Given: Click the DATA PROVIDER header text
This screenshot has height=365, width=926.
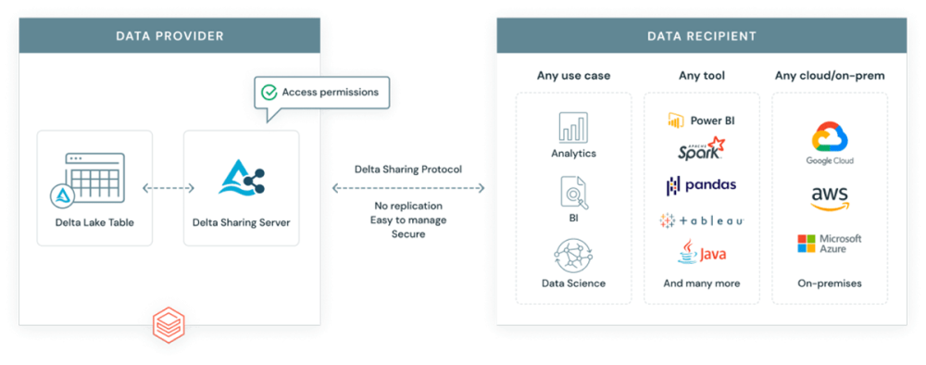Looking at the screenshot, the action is (169, 36).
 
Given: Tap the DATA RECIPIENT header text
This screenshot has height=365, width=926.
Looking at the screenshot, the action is (701, 36).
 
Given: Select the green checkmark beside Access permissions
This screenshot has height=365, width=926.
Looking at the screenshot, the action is (269, 93).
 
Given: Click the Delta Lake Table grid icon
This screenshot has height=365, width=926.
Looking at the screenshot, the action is (94, 176).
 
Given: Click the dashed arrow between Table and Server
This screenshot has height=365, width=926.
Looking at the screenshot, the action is (168, 188).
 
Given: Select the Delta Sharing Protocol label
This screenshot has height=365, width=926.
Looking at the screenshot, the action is (408, 170).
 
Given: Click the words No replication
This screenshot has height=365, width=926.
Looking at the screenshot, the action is (408, 205).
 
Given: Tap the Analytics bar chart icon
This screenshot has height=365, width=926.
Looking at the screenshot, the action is (573, 128).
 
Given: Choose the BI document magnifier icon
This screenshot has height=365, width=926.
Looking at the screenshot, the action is (573, 192).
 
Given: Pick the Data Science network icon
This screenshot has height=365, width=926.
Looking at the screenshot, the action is (573, 255).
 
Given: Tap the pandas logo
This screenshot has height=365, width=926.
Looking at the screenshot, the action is (701, 185).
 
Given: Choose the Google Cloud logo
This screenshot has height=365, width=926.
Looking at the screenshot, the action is (830, 139).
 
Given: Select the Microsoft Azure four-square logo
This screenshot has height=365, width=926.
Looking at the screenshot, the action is (807, 244).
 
